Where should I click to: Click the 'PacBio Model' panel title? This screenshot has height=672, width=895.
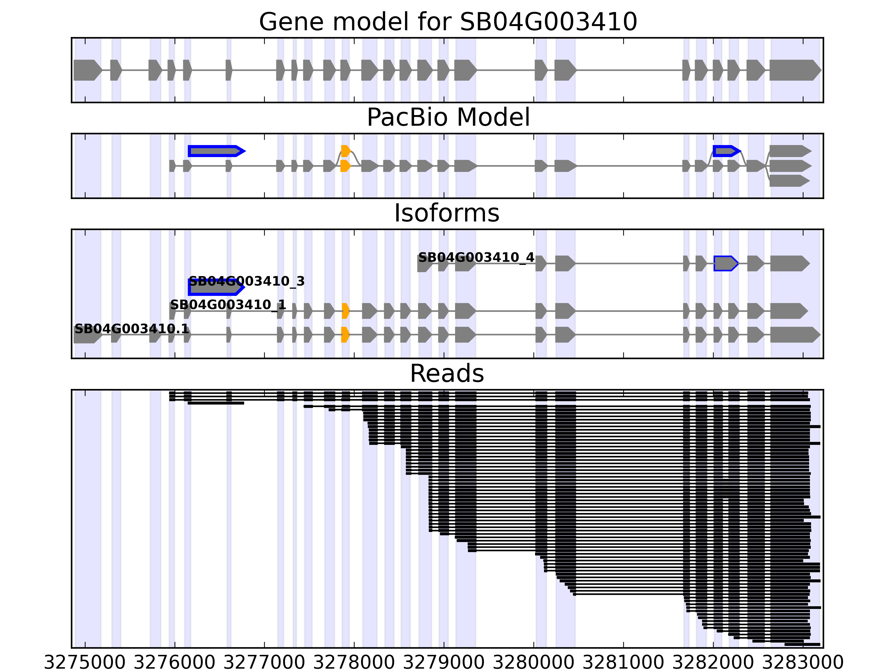coord(447,118)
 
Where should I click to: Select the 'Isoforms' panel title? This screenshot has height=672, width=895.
coord(447,213)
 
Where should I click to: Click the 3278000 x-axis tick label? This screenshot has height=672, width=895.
coord(354,663)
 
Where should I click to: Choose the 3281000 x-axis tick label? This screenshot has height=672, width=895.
coord(623,663)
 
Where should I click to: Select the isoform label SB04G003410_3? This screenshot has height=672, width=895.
coord(246,281)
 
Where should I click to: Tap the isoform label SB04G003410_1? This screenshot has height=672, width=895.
coord(228,305)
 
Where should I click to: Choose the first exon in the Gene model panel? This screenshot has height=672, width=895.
coord(87,70)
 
